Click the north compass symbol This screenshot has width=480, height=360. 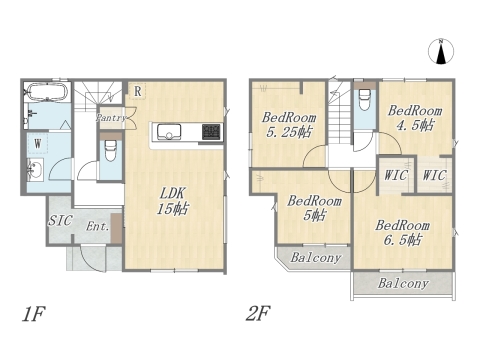coord(441,51)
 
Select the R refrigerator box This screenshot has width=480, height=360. coord(137,91)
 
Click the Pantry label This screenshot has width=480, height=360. coord(111,117)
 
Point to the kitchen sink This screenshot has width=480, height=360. coord(169,132)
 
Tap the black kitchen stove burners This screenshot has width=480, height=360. coord(211,132)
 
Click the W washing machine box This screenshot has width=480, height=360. coord(38,143)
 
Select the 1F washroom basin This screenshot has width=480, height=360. coord(35,170)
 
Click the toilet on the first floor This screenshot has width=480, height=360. coord(110,149)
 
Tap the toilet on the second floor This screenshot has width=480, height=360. coord(365,99)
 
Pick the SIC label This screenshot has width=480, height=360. coord(60,220)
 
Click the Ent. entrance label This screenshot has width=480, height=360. coord(98,226)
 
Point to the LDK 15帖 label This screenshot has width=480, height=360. coord(173,201)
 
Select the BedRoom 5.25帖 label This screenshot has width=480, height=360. coord(289,125)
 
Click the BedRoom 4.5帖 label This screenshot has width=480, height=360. coord(415,118)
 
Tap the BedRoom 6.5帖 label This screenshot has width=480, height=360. coord(402,232)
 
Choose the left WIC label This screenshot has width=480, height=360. coord(396,175)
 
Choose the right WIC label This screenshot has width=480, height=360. coord(434,175)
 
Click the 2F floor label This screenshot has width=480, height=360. coord(258,313)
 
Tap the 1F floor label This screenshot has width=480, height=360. coord(33,314)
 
